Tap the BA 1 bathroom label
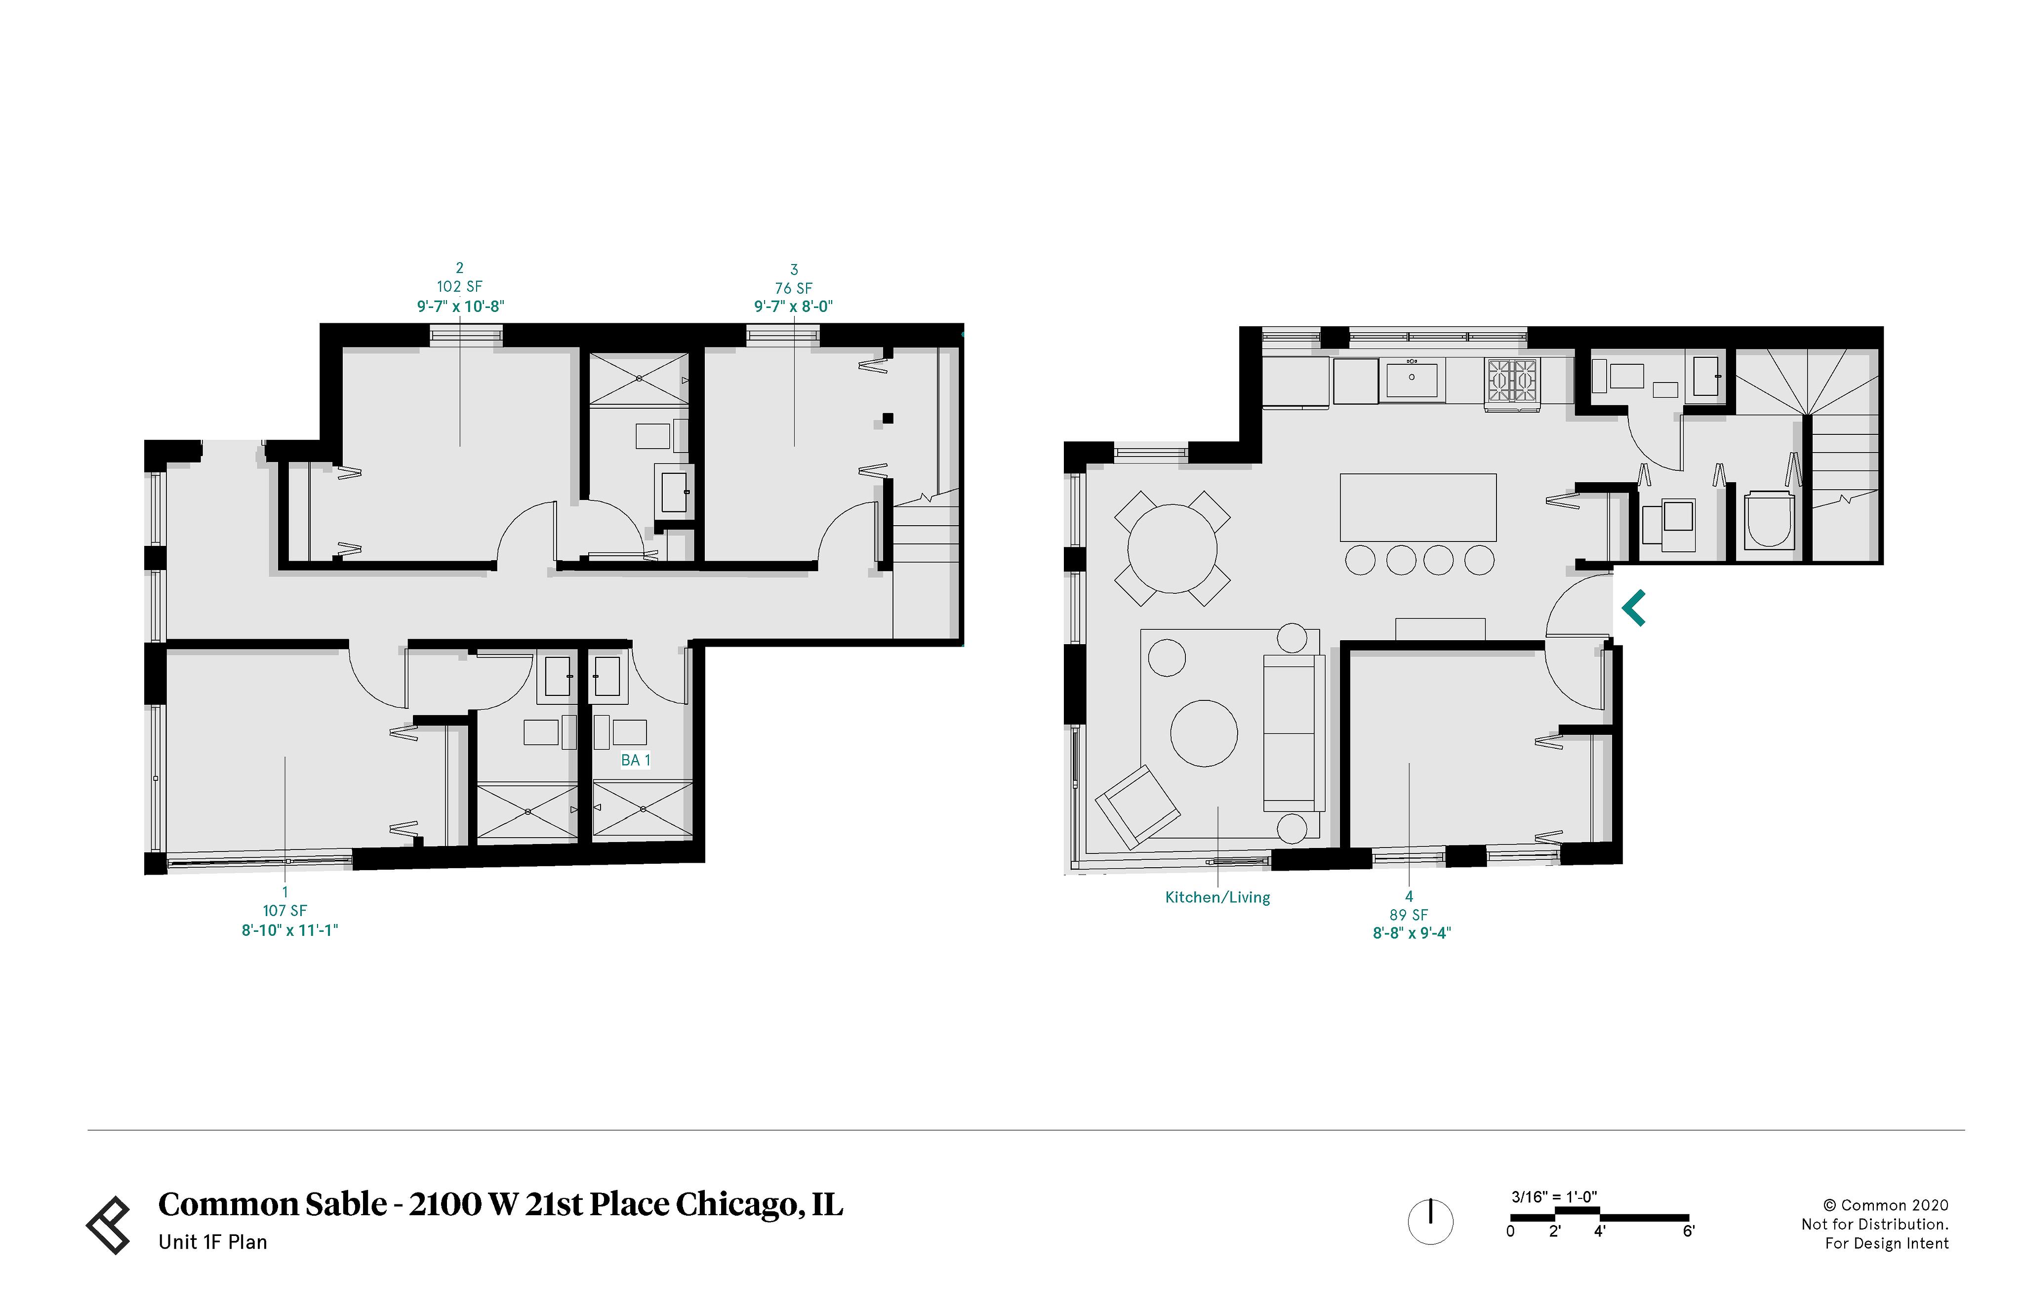tap(635, 760)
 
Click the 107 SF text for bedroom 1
tap(284, 911)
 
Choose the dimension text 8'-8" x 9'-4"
tap(1411, 932)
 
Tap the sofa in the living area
tap(1293, 733)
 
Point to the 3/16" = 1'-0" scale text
tap(1553, 1197)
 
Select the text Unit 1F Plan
tap(212, 1242)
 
